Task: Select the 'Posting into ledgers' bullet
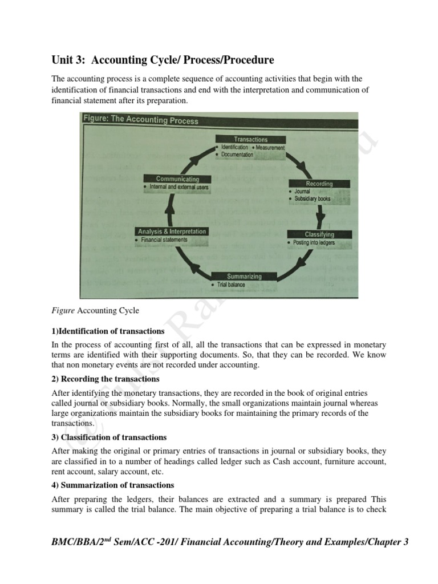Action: tap(314, 243)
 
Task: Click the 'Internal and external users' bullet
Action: tap(179, 187)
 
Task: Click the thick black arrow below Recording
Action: tap(321, 215)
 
